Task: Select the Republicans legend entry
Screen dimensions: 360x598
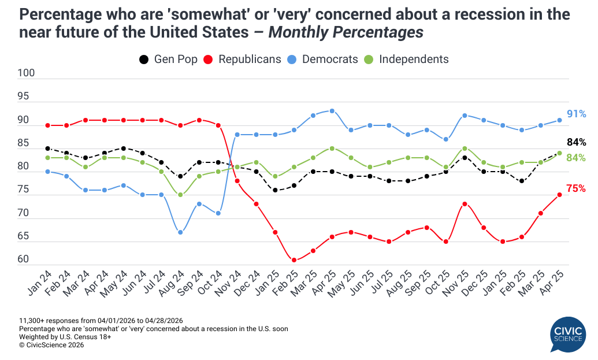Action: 243,59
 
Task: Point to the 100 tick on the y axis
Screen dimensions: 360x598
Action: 27,73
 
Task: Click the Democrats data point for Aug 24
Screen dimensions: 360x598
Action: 180,232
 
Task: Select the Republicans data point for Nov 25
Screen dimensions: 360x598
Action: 465,204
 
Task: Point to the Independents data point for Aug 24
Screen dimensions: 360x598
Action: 180,195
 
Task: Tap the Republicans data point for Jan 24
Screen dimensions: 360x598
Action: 47,125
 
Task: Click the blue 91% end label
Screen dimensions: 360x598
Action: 576,114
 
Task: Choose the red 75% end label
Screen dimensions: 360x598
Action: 576,188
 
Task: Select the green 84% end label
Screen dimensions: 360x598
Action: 576,158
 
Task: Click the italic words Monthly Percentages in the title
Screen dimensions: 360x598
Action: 346,33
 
